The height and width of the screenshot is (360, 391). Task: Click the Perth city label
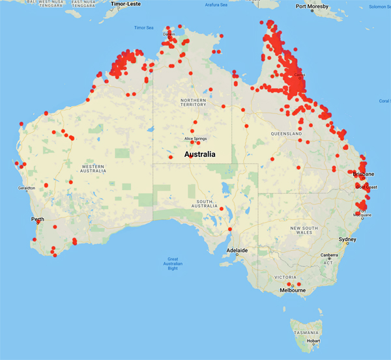37,219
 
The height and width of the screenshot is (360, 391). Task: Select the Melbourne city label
293,290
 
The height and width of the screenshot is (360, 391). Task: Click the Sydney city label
348,240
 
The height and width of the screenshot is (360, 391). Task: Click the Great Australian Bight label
173,264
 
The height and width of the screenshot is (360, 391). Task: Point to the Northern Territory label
193,102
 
